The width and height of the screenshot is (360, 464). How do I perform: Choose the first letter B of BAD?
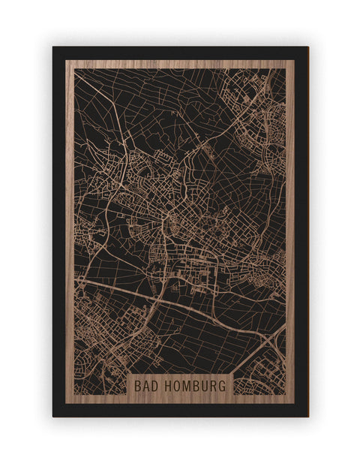tap(136, 385)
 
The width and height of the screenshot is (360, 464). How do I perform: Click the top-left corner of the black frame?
tap(53, 47)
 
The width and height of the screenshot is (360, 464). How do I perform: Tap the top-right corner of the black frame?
tap(307, 47)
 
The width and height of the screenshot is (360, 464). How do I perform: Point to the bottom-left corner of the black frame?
tap(53, 416)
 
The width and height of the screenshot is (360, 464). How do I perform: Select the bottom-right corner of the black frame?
tap(307, 416)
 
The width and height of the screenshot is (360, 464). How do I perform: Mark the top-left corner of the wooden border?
tap(66, 61)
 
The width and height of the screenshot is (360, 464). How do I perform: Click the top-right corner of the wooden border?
tap(294, 61)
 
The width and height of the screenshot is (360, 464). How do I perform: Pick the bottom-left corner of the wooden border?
tap(66, 403)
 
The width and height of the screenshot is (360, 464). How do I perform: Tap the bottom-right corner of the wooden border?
tap(294, 403)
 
